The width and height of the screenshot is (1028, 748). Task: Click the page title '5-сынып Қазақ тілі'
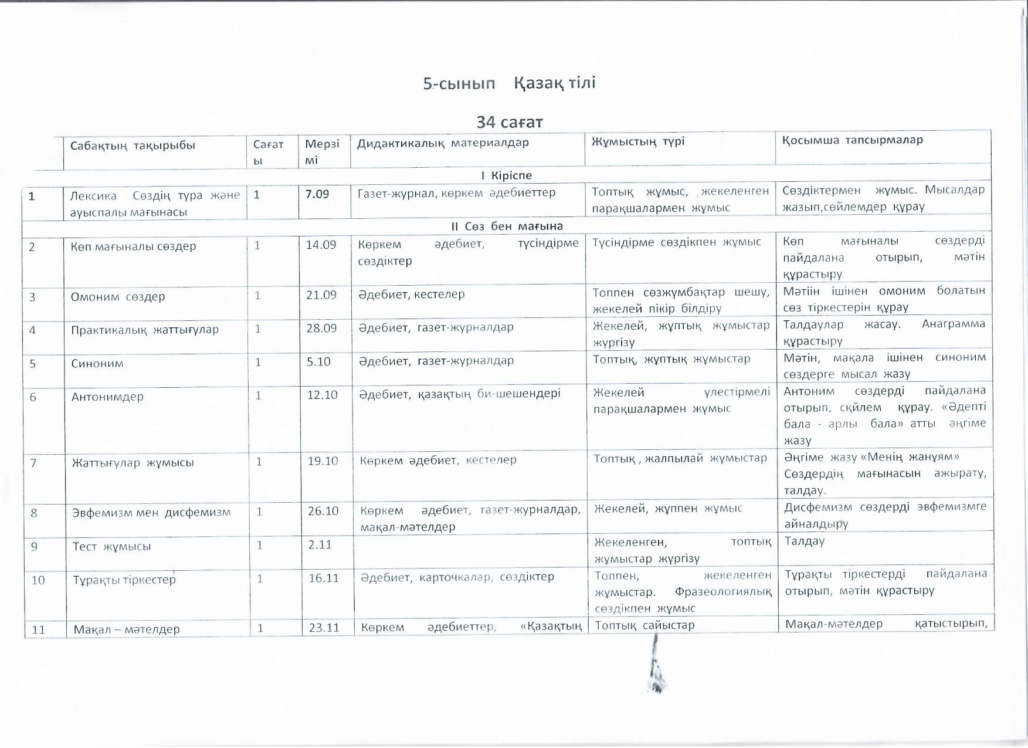point(509,83)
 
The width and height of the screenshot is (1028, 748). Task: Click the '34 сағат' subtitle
point(510,122)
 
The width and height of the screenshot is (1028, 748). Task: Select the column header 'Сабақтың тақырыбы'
point(133,145)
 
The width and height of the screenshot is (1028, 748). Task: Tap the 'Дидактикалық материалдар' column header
point(443,143)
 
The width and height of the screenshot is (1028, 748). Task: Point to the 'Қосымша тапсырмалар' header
point(852,140)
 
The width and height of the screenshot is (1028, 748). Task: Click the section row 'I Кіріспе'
point(506,175)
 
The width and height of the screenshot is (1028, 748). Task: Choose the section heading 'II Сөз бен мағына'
point(507,226)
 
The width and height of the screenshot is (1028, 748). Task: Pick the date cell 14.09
point(321,245)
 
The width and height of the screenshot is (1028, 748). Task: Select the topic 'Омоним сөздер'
point(118,297)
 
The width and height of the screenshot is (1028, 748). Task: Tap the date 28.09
point(321,328)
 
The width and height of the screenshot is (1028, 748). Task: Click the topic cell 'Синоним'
point(97,364)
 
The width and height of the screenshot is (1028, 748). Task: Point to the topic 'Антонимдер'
point(107,397)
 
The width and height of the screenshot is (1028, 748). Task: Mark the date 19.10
point(323,461)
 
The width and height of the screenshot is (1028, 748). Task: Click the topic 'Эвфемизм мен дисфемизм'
point(151,512)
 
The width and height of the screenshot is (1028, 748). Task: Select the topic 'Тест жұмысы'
point(111,546)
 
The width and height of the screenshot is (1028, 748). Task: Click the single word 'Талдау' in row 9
point(805,541)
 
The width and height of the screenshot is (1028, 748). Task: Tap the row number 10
point(38,580)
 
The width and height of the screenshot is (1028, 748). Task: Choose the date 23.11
point(324,628)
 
